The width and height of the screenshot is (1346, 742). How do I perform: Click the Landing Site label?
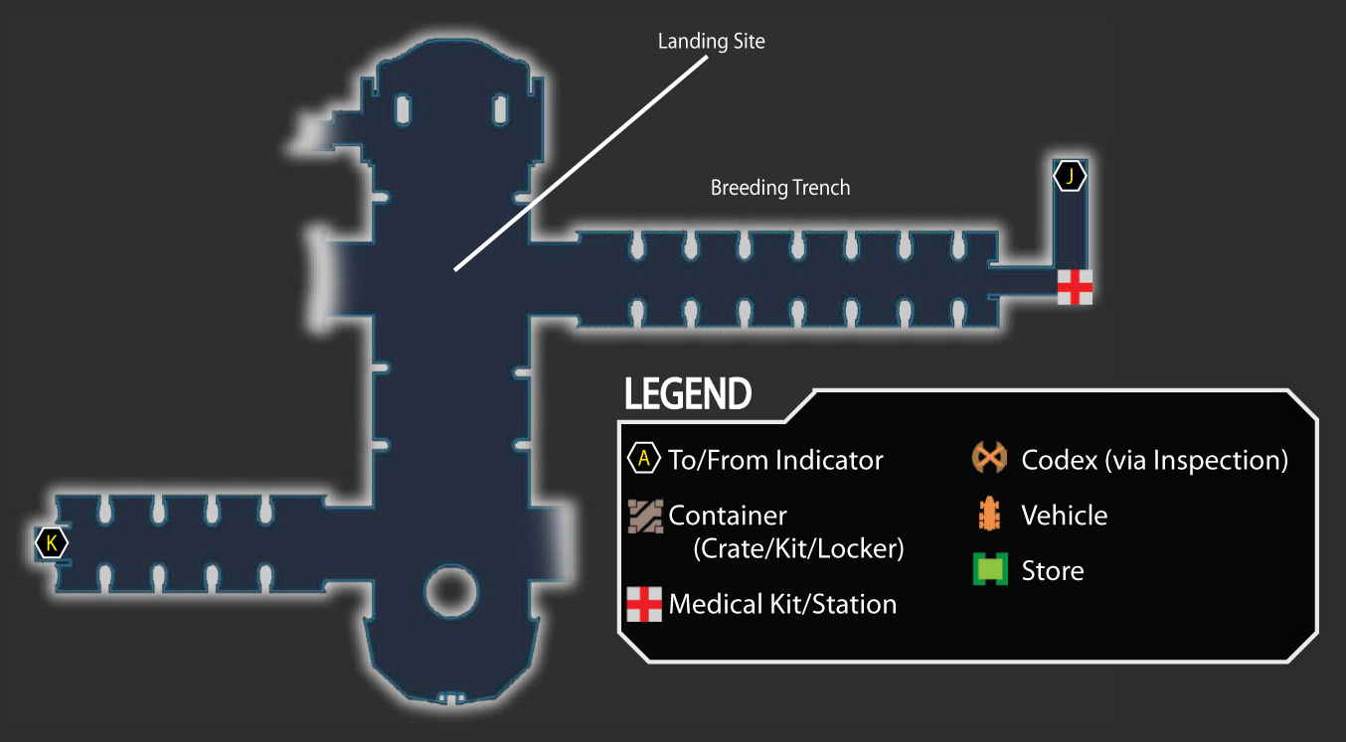(x=711, y=42)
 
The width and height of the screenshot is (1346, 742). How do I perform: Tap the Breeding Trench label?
(x=780, y=188)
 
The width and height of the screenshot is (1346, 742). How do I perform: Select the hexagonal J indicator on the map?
(x=1070, y=176)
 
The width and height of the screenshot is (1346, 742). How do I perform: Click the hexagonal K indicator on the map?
(x=52, y=542)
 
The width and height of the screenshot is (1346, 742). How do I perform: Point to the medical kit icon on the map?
(x=1075, y=287)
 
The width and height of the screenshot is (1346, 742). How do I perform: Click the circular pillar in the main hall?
(x=450, y=591)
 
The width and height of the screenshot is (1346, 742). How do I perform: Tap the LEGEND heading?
(x=688, y=394)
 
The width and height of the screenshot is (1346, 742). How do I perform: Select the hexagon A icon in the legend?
(x=643, y=459)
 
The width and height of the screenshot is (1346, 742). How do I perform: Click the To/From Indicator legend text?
(x=775, y=461)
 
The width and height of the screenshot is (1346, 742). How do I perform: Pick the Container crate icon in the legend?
(x=645, y=517)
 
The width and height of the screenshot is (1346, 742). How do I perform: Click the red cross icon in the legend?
(x=644, y=604)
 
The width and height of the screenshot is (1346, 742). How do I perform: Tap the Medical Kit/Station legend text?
(x=782, y=604)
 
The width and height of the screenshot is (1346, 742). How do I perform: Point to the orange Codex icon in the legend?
(x=989, y=458)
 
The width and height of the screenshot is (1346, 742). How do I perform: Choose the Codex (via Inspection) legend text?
(x=1155, y=461)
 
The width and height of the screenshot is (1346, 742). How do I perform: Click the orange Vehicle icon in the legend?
(x=989, y=515)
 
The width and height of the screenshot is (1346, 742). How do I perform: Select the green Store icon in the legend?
(x=990, y=569)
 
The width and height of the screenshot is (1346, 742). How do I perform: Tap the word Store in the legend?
(x=1053, y=570)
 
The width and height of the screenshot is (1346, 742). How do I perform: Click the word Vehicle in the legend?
(x=1065, y=516)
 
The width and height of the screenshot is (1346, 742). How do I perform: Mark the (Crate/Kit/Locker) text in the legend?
(x=798, y=548)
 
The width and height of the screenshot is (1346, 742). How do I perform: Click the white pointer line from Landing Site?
(x=582, y=163)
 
